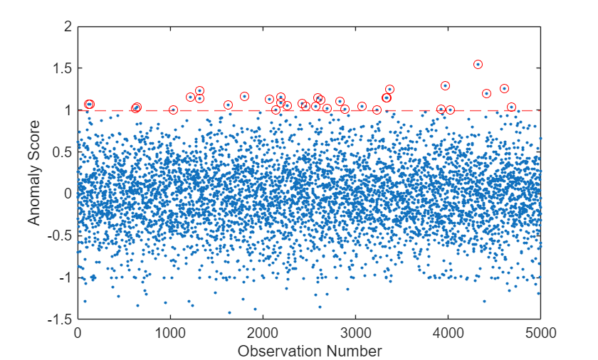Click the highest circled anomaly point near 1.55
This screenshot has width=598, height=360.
[x=478, y=65]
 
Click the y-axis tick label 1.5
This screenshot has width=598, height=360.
[x=63, y=68]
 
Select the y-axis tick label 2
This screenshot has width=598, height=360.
[x=68, y=26]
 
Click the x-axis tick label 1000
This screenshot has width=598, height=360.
[x=170, y=332]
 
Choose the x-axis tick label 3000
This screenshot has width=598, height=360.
[x=356, y=332]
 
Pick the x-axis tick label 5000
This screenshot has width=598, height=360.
[x=541, y=332]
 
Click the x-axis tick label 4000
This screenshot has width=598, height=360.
[x=448, y=332]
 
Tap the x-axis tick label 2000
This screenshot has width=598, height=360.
[x=263, y=332]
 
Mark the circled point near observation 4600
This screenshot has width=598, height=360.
[x=504, y=89]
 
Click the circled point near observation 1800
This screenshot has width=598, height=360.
[x=244, y=96]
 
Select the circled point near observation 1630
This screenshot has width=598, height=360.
[x=228, y=105]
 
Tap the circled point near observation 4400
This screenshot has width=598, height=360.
[x=486, y=93]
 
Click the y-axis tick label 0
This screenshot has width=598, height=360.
[x=68, y=194]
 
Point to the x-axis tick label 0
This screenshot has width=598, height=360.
[x=78, y=332]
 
